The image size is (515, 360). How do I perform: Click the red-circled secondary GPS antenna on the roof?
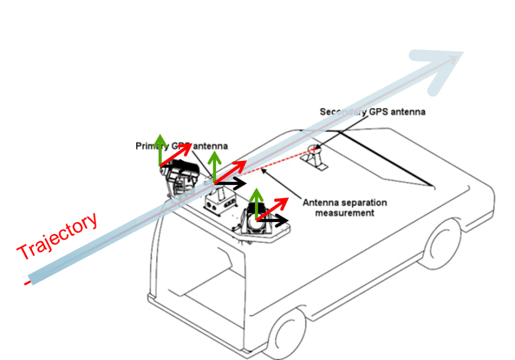313,150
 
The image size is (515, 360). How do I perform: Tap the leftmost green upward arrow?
160,149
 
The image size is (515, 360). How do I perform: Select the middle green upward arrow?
214,165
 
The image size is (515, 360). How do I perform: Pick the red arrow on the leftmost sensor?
176,155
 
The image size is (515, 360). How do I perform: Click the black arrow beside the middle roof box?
231,183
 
